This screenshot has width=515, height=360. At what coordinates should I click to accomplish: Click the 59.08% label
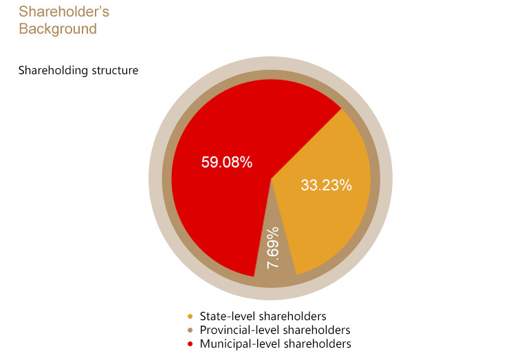click(227, 162)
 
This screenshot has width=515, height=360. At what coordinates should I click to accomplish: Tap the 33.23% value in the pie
click(326, 185)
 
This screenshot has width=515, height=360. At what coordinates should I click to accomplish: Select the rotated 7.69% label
click(273, 248)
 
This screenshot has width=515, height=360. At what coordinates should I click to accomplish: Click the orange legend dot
click(190, 317)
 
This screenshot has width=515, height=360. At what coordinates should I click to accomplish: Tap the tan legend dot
click(190, 330)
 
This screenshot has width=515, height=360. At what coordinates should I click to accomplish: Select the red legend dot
click(190, 344)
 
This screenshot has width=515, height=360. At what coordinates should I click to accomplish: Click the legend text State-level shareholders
click(263, 316)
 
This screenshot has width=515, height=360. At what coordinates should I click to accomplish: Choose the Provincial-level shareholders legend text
click(275, 330)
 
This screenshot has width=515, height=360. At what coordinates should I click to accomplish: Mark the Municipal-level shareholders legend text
click(275, 344)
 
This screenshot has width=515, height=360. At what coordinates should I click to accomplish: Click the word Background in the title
click(58, 29)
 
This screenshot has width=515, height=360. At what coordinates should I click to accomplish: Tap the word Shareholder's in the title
click(64, 12)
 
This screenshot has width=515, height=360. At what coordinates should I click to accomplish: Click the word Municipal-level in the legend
click(240, 344)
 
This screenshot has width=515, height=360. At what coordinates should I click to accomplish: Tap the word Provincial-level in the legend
click(239, 330)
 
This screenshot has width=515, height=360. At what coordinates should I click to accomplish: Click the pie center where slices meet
click(271, 179)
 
